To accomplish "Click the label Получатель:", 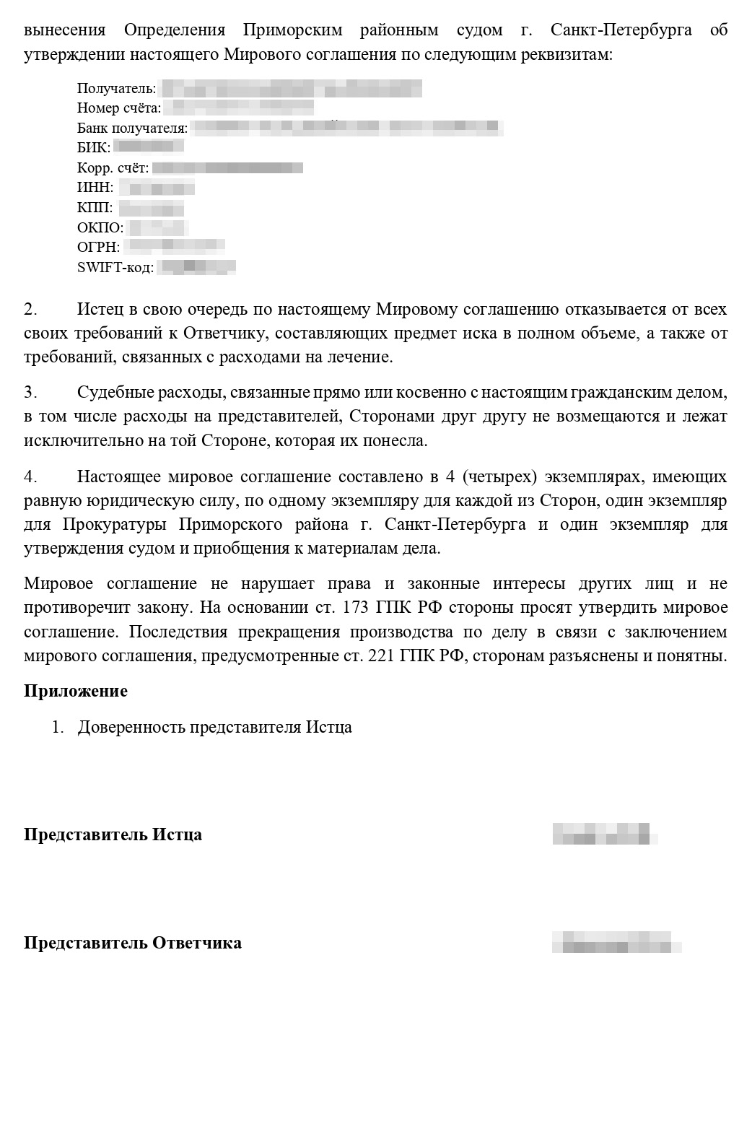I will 116,89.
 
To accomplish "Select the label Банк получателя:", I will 132,128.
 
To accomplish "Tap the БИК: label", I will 94,148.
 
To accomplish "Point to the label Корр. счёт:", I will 113,168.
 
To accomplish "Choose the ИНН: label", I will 95,188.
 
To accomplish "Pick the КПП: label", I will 95,208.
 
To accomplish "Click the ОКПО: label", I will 100,228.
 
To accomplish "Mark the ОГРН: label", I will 98,248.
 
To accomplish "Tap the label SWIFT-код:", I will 115,268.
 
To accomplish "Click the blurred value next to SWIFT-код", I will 196,267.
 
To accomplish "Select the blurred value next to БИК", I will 148,147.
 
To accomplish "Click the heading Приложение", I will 76,691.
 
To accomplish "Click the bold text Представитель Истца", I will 113,835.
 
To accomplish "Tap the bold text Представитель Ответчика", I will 133,943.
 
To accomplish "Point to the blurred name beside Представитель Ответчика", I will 617,943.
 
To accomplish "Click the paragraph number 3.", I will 30,393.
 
